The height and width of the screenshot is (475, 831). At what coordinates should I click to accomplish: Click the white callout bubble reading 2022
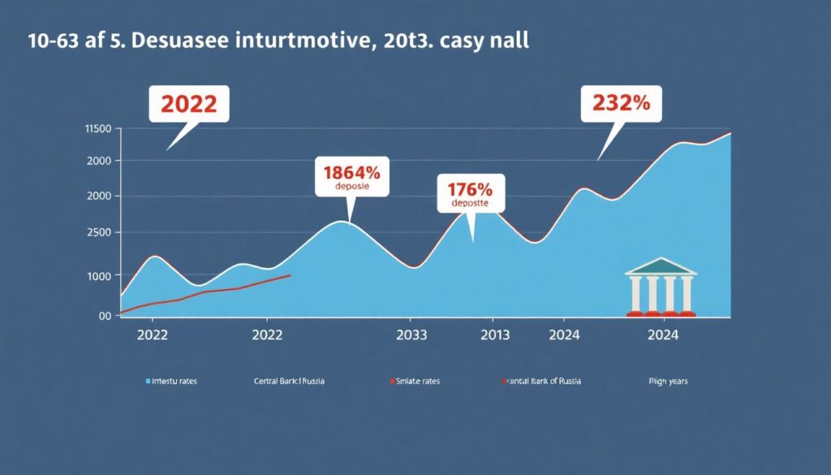pos(188,105)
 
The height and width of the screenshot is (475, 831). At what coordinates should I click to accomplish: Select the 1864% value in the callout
pos(351,172)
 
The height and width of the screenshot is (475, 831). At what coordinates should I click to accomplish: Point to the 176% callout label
pos(470,190)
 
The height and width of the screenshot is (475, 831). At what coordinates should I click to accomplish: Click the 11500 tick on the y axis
pos(97,129)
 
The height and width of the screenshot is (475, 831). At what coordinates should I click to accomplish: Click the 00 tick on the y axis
pos(104,316)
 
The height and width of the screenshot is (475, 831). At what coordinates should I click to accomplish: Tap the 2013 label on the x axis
pos(493,334)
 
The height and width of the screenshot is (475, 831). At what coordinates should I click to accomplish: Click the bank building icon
pos(660,287)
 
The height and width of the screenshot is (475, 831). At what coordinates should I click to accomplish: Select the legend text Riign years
pos(668,381)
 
